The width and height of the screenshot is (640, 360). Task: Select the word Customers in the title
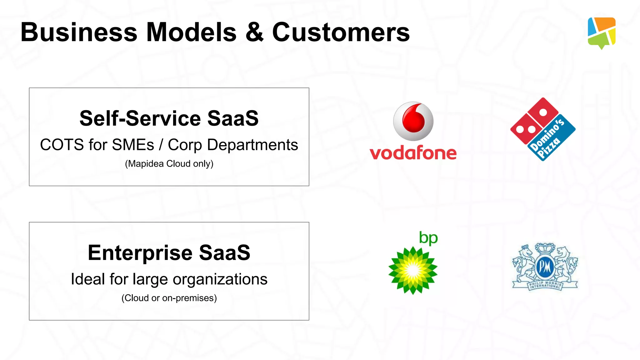(x=341, y=32)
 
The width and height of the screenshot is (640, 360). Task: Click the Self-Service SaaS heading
(x=169, y=118)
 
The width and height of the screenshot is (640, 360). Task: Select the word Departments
(x=252, y=145)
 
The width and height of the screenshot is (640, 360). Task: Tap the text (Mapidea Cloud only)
(x=169, y=164)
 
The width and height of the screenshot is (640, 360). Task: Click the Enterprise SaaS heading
(x=169, y=252)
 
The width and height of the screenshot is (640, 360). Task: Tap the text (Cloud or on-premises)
(x=169, y=298)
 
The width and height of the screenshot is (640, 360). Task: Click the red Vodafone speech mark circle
(x=413, y=121)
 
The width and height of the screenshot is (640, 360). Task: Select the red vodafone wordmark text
(x=413, y=153)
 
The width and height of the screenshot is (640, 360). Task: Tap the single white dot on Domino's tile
(x=543, y=112)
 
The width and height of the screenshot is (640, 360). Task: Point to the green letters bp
(x=428, y=238)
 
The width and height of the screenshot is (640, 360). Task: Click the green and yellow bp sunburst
(x=413, y=270)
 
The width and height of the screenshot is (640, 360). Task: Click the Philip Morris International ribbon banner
(x=545, y=285)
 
